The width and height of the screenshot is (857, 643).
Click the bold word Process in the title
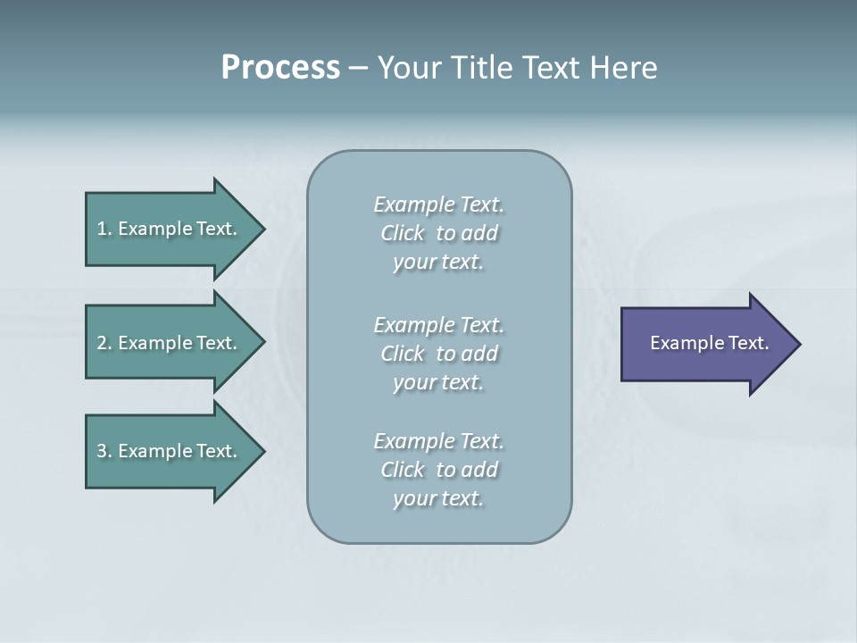coord(280,68)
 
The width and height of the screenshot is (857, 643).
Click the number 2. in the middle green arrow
coord(104,343)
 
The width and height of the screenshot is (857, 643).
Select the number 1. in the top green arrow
coord(104,229)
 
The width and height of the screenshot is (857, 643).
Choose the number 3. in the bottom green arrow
coord(104,451)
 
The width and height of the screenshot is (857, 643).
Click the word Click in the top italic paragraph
coord(402,233)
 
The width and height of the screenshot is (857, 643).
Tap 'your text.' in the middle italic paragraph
coord(438,382)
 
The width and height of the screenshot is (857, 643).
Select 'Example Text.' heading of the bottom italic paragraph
coord(438,441)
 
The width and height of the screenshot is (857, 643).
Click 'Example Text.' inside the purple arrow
coord(710,343)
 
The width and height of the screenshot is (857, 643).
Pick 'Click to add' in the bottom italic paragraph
coord(438,470)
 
